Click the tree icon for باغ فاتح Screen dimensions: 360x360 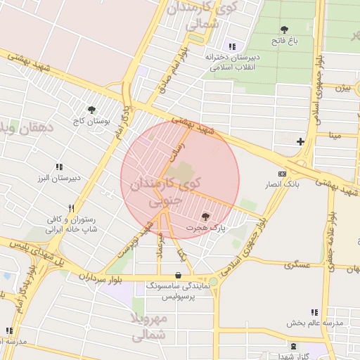tap(284, 30)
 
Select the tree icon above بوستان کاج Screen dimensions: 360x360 tap(91, 109)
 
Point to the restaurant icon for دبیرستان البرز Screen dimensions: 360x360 tap(59, 167)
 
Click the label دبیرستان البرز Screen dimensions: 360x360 tap(59, 178)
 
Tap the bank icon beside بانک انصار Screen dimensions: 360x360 tap(283, 174)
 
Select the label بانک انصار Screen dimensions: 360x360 tap(282, 185)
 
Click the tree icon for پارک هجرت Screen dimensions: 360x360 tap(205, 217)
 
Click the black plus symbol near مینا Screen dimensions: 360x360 tap(300, 141)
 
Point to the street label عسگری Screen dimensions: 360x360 tap(297, 265)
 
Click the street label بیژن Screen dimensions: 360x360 tap(342, 89)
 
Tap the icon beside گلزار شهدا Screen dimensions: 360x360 tap(293, 346)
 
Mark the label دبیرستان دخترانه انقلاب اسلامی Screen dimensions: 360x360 tap(233, 61)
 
